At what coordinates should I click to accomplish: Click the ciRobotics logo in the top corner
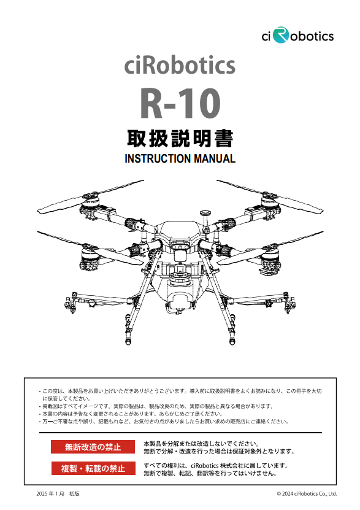coord(297,36)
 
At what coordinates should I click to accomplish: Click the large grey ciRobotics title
coord(180,64)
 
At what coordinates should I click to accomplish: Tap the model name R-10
coord(180,103)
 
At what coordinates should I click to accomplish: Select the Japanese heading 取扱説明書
coord(180,139)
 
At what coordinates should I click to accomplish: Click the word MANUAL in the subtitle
coord(215,159)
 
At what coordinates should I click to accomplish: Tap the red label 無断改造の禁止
coord(93,447)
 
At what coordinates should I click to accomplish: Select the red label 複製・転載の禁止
coord(93,468)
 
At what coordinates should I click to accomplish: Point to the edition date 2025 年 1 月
coord(50,493)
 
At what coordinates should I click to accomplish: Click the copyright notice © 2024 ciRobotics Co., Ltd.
coord(307,493)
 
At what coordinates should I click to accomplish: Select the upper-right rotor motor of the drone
coord(270,203)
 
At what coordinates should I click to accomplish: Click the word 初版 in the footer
coord(74,493)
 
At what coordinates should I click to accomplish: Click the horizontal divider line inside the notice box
coord(180,433)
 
